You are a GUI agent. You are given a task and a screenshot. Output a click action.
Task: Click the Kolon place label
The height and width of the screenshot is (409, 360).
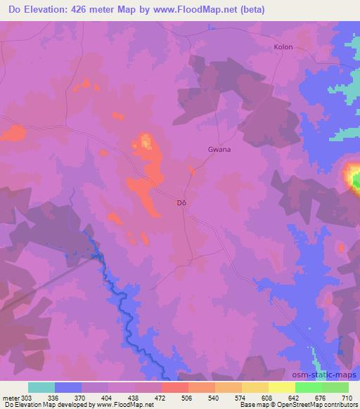[x=283, y=47]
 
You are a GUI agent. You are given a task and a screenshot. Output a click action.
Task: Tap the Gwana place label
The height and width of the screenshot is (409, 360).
[x=219, y=149]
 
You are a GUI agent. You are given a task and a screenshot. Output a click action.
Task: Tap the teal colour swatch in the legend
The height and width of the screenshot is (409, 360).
[x=41, y=387]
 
